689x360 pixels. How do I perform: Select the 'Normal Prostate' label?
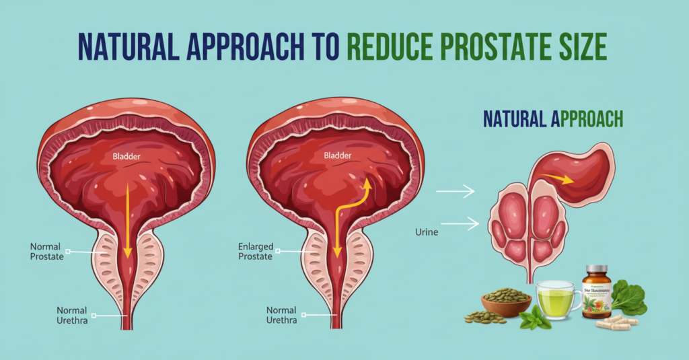tap(48, 252)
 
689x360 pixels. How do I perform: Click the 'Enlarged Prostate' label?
tap(256, 252)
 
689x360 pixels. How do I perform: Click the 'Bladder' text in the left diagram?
tap(126, 156)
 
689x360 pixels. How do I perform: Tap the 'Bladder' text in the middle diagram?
tap(337, 155)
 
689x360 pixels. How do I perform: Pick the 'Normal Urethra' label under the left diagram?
tap(71, 315)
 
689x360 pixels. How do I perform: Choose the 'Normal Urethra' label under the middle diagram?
tap(281, 315)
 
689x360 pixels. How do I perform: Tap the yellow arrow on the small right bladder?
tap(558, 179)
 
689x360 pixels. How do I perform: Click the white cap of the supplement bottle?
tap(597, 269)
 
